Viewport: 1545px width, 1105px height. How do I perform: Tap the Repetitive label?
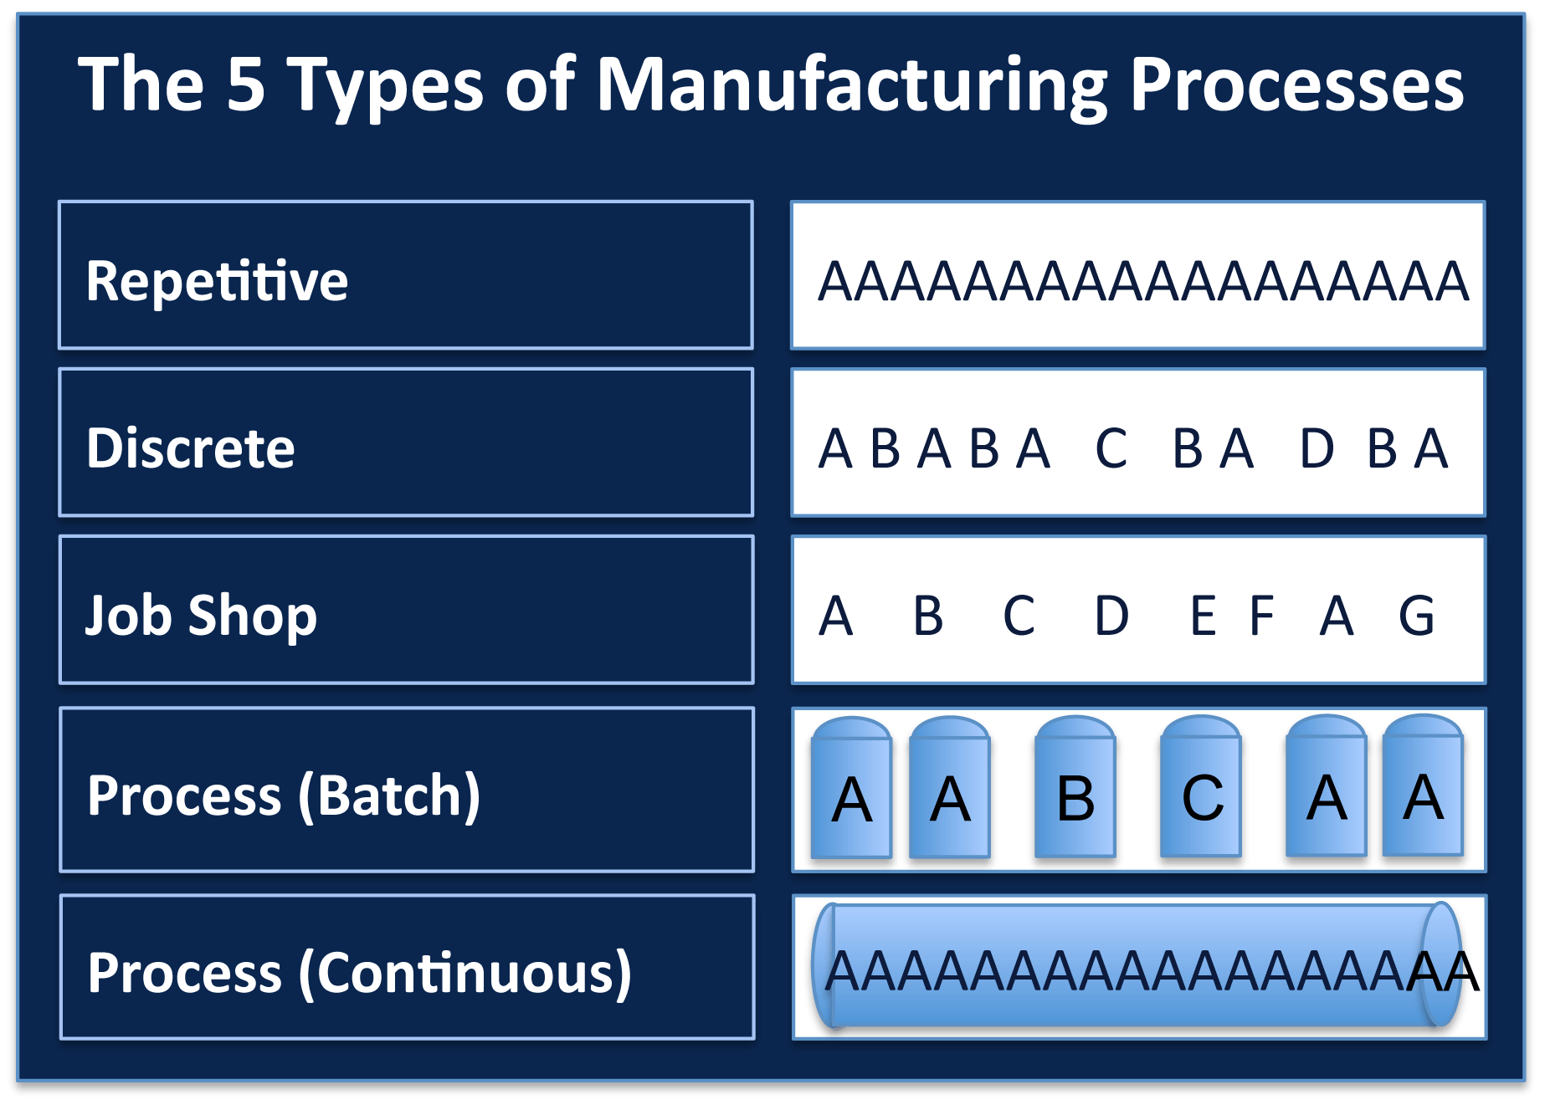pos(217,280)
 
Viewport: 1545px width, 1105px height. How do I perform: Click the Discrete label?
pos(190,448)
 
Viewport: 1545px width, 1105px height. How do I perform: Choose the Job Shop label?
pos(201,615)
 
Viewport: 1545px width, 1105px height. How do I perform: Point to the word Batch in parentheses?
pos(389,795)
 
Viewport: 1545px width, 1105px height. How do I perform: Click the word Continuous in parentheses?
pos(465,973)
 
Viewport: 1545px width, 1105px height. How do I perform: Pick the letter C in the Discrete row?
pos(1111,449)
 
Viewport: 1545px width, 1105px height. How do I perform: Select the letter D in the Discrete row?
pos(1317,449)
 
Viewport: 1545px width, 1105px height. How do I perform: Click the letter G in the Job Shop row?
pos(1416,616)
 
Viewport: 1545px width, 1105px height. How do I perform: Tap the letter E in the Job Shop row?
pos(1203,616)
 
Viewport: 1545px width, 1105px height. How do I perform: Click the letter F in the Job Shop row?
pos(1261,616)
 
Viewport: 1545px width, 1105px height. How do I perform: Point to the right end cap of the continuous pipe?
pos(1440,964)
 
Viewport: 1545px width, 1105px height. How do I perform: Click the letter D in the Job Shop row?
pos(1111,616)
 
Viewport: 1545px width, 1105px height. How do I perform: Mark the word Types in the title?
pos(386,86)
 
